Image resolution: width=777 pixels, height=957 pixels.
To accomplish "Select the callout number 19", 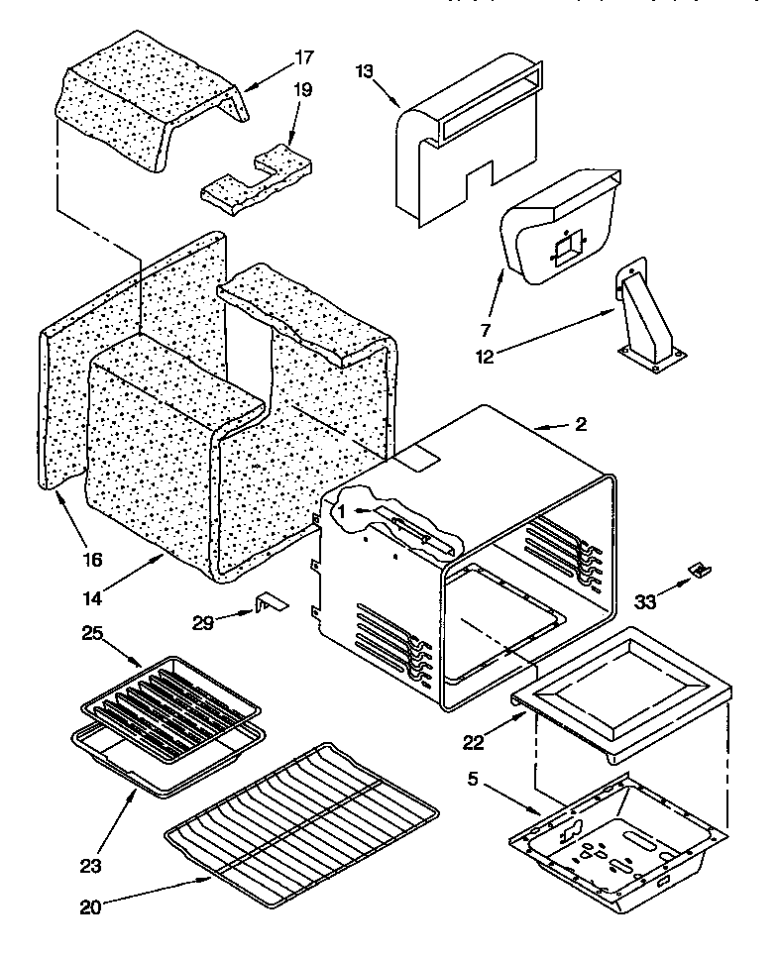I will point(302,89).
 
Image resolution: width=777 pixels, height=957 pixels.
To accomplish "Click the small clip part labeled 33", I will point(700,570).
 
